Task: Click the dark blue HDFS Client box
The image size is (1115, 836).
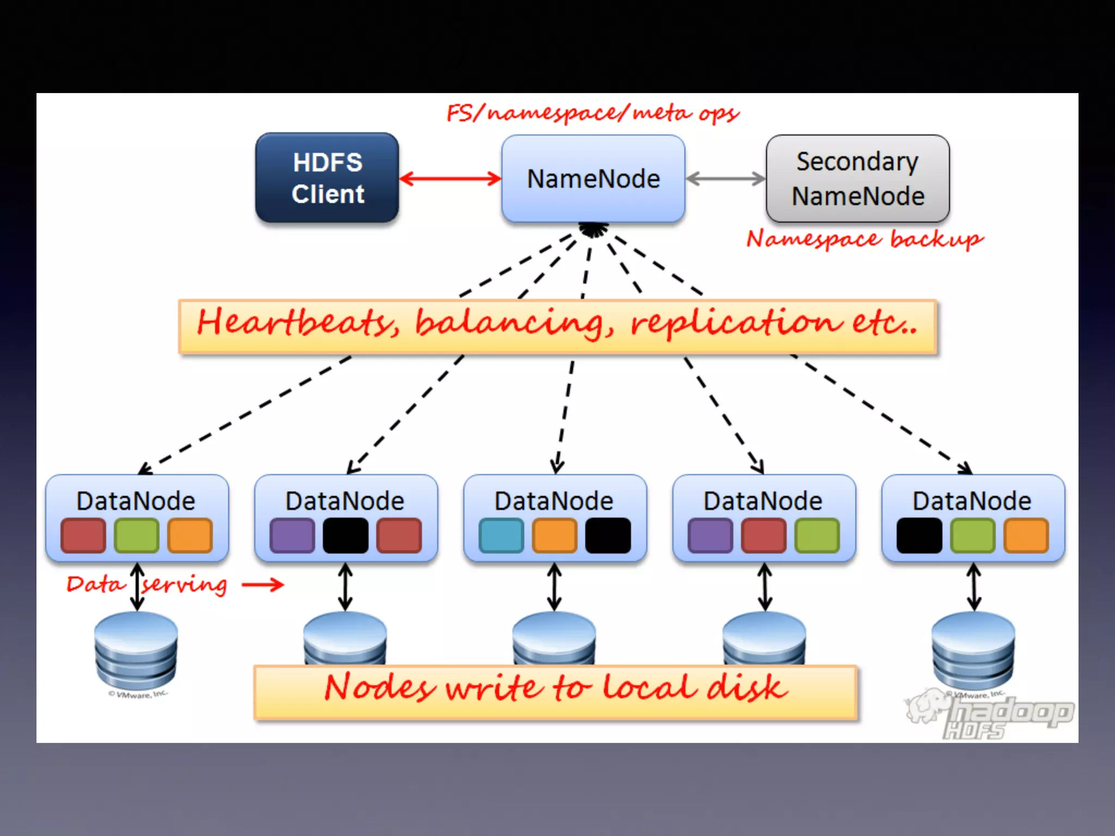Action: [x=327, y=178]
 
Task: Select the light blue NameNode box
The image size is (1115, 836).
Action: [x=593, y=179]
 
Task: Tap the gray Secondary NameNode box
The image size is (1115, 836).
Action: [x=857, y=179]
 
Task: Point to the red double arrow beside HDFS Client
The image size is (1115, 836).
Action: [x=450, y=179]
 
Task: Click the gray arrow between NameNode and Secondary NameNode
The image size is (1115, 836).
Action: [x=725, y=179]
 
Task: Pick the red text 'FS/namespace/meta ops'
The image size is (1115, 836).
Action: [x=592, y=113]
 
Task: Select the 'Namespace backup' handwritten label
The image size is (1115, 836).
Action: [x=865, y=239]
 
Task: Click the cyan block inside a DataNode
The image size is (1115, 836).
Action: [x=501, y=536]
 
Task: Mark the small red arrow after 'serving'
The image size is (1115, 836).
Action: [x=263, y=585]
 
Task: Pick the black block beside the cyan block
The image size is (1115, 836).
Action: [x=608, y=536]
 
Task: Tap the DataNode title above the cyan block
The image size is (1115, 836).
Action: [x=554, y=501]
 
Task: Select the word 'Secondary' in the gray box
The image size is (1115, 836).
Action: [x=857, y=162]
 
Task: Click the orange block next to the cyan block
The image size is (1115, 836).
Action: [x=554, y=536]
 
